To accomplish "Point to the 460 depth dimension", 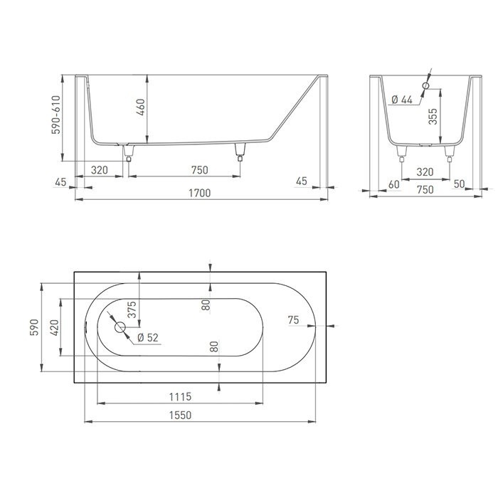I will (x=141, y=107).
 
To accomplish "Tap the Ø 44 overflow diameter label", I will (x=403, y=100).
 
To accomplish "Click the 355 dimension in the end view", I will (x=433, y=117).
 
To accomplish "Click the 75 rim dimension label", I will (x=293, y=320).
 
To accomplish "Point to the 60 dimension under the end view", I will (x=393, y=184).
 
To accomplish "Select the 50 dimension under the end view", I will (x=458, y=184).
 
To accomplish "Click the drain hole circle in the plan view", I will (x=120, y=328).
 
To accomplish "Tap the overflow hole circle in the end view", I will (x=425, y=86).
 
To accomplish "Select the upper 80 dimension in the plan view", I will (x=206, y=306).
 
